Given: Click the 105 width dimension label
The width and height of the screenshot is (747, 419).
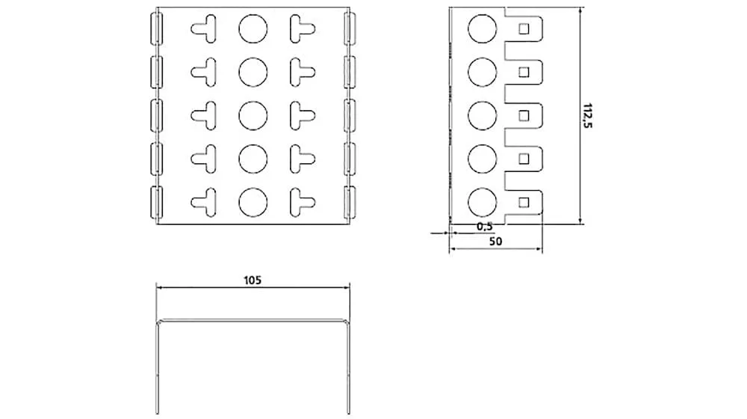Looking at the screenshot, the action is coord(252,280).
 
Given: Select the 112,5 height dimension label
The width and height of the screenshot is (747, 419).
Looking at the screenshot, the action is coord(587,115).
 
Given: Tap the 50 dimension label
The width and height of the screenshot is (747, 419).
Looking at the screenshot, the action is coord(495,242).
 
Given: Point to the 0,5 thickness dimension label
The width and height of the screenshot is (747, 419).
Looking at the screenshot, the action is coord(485,227).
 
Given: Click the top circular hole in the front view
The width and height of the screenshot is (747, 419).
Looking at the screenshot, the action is coord(253,28).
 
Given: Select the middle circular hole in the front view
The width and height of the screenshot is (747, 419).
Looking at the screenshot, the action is coord(253,115).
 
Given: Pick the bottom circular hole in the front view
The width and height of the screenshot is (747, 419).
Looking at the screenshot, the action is coord(253,202).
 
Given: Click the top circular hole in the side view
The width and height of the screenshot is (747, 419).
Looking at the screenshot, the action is coord(482,28).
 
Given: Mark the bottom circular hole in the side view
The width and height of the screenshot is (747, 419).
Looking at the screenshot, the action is coord(482,202).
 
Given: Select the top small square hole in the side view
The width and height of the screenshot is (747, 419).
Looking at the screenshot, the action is coord(524,29).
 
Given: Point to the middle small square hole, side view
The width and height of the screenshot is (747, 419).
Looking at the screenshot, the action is coord(524,115).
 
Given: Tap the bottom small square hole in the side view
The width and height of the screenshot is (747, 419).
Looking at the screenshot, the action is coord(524,202).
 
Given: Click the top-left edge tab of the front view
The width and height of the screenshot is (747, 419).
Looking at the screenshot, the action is coord(156,28).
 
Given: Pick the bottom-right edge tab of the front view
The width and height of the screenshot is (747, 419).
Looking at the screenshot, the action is coord(350,202).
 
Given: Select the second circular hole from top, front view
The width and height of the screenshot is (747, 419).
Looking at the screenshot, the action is coord(253,72).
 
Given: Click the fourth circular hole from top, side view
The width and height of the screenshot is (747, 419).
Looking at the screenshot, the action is coord(482,159).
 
